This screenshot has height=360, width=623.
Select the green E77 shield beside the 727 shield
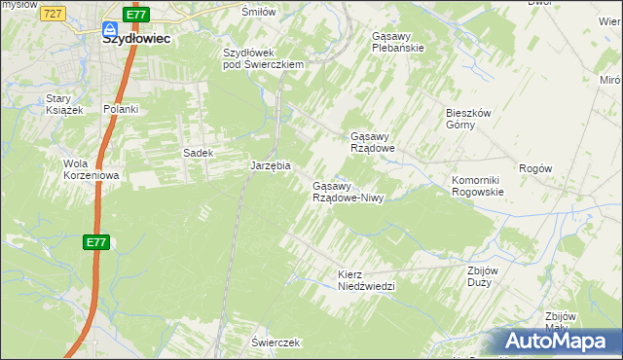(137, 15)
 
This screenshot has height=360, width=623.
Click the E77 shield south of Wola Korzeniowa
(94, 242)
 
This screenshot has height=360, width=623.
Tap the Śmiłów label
(259, 11)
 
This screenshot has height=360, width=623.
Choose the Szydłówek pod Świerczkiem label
(264, 58)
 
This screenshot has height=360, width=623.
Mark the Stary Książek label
(65, 104)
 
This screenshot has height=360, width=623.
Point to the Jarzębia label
(271, 165)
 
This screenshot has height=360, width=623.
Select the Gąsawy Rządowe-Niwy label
(349, 192)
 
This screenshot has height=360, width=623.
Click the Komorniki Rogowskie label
(477, 186)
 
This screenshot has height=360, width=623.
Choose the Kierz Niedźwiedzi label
(366, 280)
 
